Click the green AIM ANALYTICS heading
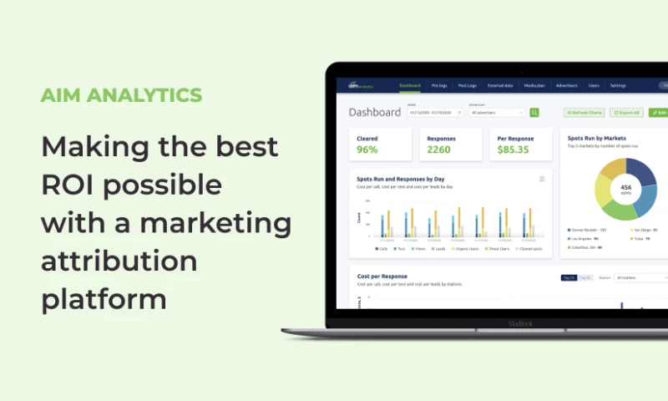tap(121, 94)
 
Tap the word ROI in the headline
tap(71, 184)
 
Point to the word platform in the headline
tap(104, 298)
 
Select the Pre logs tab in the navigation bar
tap(439, 85)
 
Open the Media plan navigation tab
tap(534, 85)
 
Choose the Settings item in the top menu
tap(618, 85)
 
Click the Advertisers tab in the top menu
tap(566, 85)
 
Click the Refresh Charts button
tap(584, 112)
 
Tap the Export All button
tap(626, 112)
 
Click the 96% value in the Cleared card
tap(367, 150)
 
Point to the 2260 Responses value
tap(438, 150)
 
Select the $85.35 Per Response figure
tap(514, 150)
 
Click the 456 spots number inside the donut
tap(625, 189)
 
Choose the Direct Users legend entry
tap(498, 248)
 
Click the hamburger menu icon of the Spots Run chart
tap(542, 179)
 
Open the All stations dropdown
tap(640, 277)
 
